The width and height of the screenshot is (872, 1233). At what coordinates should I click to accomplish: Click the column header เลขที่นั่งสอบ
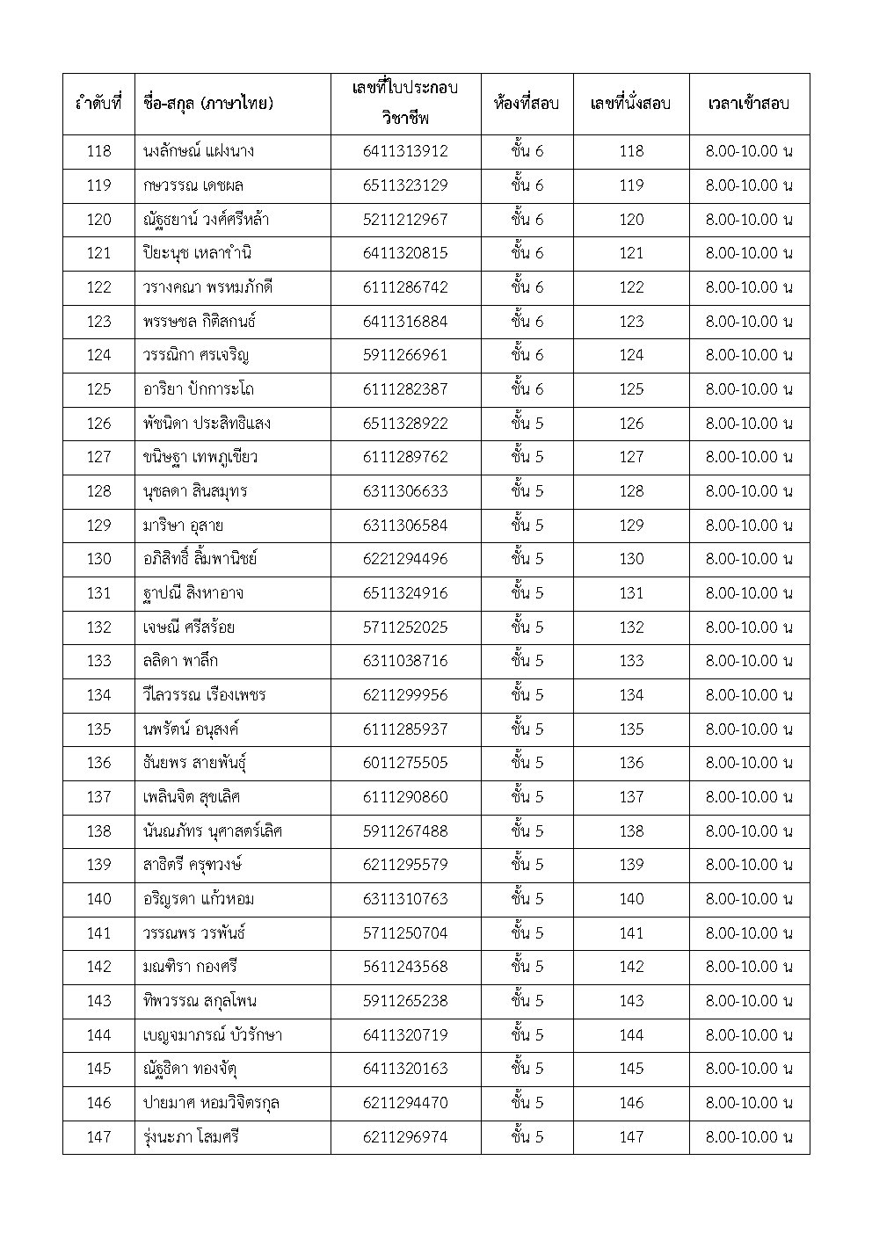click(630, 104)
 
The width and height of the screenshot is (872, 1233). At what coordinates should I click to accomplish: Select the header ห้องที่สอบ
click(527, 104)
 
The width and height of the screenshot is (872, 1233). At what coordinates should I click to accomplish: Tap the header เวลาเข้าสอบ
click(748, 104)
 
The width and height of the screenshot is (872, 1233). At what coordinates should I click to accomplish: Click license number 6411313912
click(405, 151)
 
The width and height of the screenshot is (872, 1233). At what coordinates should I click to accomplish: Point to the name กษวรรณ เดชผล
click(193, 185)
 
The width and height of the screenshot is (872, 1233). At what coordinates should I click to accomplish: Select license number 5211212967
click(405, 220)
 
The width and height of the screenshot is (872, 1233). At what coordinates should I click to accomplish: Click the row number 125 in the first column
click(98, 389)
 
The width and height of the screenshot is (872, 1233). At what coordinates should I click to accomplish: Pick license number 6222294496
click(405, 559)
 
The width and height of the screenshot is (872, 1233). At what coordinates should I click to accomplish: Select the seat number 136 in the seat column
click(631, 763)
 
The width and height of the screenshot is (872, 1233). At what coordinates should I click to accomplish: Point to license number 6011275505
click(405, 763)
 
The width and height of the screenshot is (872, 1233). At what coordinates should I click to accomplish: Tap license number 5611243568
click(405, 967)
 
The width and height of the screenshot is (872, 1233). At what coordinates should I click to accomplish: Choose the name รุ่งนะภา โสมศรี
click(191, 1137)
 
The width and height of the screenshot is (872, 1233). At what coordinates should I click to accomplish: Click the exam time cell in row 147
click(749, 1137)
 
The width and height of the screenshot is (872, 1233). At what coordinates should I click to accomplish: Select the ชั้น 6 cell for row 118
click(527, 151)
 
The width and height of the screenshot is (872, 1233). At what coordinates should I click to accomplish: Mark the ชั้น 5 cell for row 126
click(527, 424)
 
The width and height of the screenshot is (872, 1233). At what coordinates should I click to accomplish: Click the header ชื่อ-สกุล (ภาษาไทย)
click(207, 104)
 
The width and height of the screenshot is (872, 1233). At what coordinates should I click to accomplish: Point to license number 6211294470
click(405, 1103)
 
